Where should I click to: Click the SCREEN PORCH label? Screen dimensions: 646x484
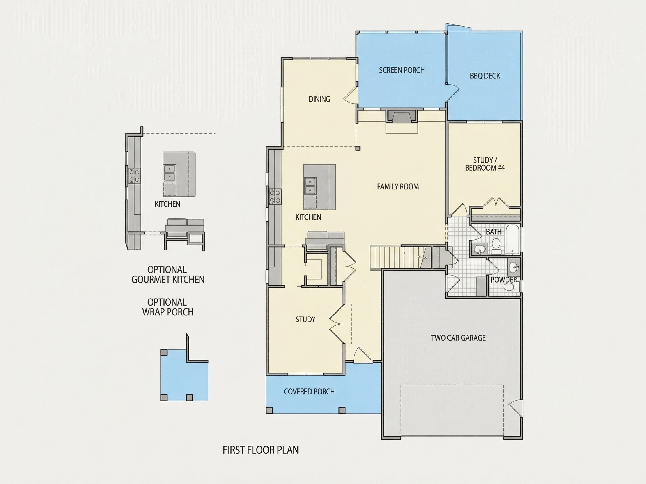[x=402, y=70]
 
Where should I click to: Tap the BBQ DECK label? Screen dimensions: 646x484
[x=485, y=76]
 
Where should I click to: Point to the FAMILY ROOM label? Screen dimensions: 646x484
[x=398, y=187]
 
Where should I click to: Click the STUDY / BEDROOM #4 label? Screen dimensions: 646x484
[x=485, y=164]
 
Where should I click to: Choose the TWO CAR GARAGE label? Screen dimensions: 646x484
[x=458, y=338]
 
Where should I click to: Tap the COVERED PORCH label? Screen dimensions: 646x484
[x=309, y=392]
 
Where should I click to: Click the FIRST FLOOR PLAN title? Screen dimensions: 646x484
[x=261, y=450]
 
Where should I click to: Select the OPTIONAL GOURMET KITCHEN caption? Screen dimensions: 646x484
[x=168, y=274]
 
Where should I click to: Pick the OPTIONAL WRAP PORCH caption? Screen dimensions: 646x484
[x=168, y=307]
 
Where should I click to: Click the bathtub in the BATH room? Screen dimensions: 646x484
[x=513, y=239]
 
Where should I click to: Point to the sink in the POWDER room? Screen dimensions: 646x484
[x=513, y=267]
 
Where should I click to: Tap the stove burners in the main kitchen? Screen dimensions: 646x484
[x=275, y=196]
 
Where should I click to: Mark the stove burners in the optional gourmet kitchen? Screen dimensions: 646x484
[x=135, y=176]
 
